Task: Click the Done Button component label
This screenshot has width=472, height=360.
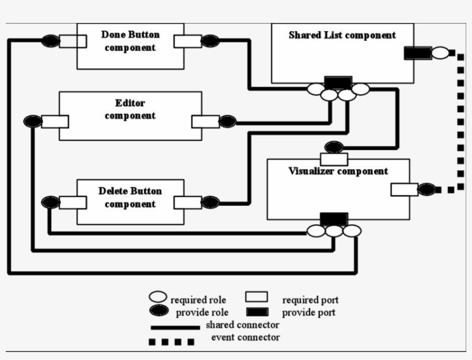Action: coord(130,41)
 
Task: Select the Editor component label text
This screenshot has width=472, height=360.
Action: coord(130,109)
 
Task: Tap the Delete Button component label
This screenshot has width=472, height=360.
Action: coord(130,197)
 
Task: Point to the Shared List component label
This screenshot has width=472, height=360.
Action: coord(342,35)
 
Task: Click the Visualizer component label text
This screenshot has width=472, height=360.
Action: coord(338,171)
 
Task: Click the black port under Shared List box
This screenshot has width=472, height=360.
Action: coord(337,82)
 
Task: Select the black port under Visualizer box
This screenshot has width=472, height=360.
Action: coord(334,219)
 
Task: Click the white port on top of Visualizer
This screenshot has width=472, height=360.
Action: coord(334,159)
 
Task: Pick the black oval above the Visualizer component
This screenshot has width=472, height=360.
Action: coord(334,147)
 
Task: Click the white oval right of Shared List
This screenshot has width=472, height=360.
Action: coord(440,53)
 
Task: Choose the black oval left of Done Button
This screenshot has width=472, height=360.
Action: coord(50,41)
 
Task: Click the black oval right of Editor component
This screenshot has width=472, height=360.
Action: coord(227,121)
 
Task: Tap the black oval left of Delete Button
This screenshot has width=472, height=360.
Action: coord(50,202)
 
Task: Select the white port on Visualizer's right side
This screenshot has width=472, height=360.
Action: coord(404,189)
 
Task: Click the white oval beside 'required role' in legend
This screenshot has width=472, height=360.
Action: coord(158,297)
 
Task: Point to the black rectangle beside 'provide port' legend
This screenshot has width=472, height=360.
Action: coord(257,312)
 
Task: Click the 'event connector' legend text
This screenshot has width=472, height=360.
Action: coord(245,337)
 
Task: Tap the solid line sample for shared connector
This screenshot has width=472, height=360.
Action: coord(175,327)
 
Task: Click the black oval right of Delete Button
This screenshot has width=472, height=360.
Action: coord(210,202)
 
